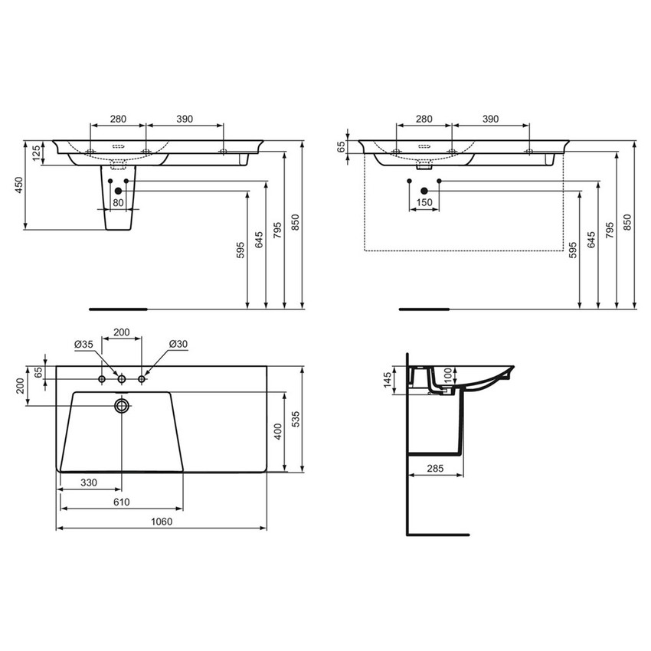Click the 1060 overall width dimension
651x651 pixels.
click(x=161, y=522)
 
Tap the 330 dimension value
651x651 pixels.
click(x=89, y=483)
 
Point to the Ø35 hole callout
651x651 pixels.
click(x=83, y=345)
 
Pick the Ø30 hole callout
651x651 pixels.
click(x=178, y=345)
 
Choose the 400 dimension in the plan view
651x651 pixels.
click(x=278, y=431)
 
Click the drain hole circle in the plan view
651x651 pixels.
click(x=121, y=405)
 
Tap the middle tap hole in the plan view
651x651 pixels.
click(x=121, y=379)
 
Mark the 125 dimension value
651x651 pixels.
click(x=36, y=153)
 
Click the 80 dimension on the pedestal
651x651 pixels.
click(x=118, y=203)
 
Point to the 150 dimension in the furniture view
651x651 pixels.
click(x=424, y=203)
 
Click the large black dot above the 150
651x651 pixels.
click(x=424, y=190)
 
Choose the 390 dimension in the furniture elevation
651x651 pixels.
click(x=490, y=119)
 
